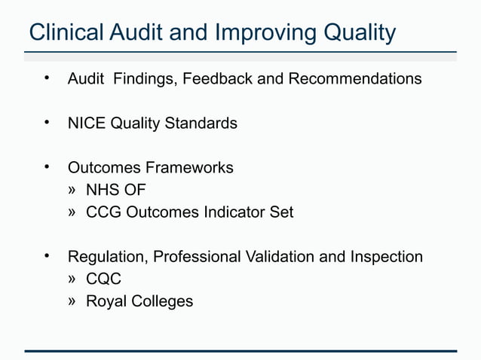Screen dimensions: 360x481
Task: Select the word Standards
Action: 201,123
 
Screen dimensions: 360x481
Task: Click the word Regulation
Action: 108,257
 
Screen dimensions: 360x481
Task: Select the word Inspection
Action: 386,257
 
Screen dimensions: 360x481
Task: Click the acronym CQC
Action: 104,279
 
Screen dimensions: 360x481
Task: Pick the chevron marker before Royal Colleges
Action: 72,301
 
